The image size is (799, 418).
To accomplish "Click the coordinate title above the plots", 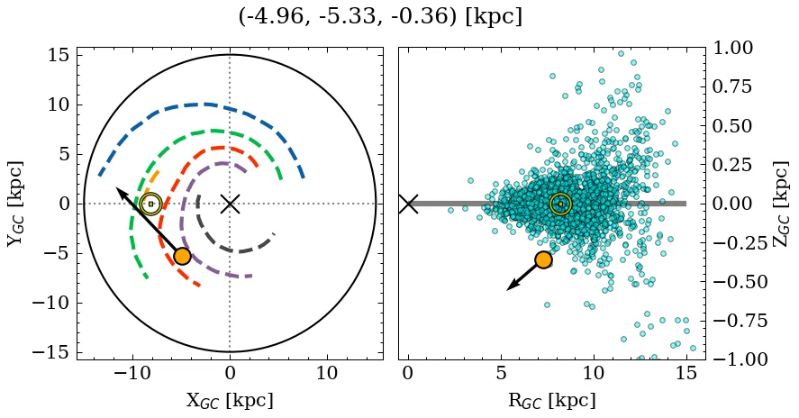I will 380,16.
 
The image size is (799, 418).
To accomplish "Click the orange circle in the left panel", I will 182,256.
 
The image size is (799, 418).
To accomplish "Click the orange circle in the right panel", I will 543,259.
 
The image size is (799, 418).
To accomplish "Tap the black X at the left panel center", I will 230,204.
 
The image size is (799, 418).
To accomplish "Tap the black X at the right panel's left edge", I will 408,204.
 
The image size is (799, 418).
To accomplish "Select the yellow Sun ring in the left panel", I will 150,204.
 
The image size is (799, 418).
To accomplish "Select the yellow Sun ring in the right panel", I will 560,204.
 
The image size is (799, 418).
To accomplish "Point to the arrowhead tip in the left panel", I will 117,187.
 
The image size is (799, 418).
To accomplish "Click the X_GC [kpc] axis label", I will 230,401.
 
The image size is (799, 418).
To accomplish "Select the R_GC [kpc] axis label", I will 550,401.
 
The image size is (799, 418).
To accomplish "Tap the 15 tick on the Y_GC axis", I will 58,55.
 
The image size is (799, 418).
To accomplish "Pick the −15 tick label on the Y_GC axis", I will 50,352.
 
